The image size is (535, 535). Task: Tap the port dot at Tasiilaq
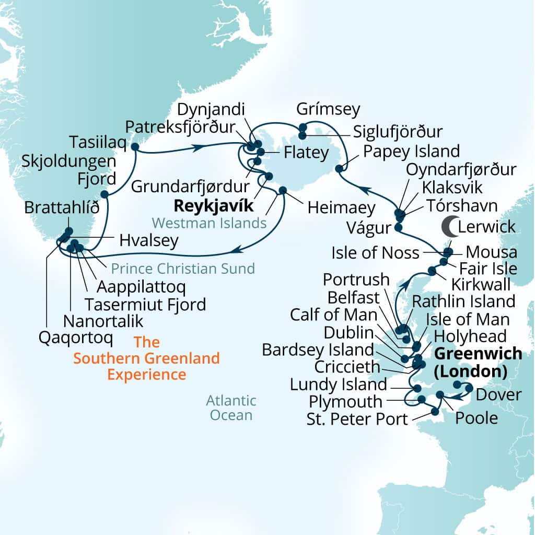[x=134, y=147]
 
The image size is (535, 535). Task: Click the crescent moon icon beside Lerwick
[x=449, y=226]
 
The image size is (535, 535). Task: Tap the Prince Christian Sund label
[x=182, y=269]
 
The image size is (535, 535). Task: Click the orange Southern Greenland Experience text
[x=147, y=358]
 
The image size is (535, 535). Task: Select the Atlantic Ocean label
[x=231, y=408]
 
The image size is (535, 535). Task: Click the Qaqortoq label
[x=76, y=338]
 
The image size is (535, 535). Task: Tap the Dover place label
[x=500, y=394]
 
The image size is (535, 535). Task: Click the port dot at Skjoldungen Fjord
[x=104, y=194]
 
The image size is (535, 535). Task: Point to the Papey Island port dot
[x=339, y=168]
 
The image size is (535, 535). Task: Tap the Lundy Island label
[x=339, y=385]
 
